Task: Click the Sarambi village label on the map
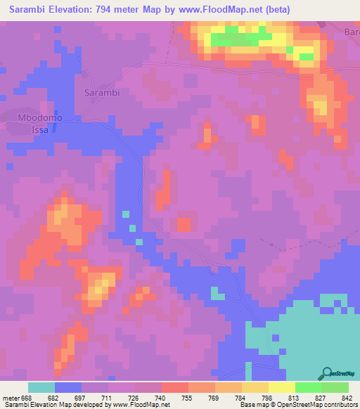[x=102, y=93]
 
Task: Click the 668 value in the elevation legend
[x=27, y=398]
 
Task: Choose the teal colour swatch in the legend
[x=41, y=387]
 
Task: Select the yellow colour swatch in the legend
[x=281, y=387]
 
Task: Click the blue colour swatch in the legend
[x=67, y=387]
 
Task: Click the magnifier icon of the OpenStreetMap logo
[x=326, y=373]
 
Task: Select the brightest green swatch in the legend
[x=308, y=387]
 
